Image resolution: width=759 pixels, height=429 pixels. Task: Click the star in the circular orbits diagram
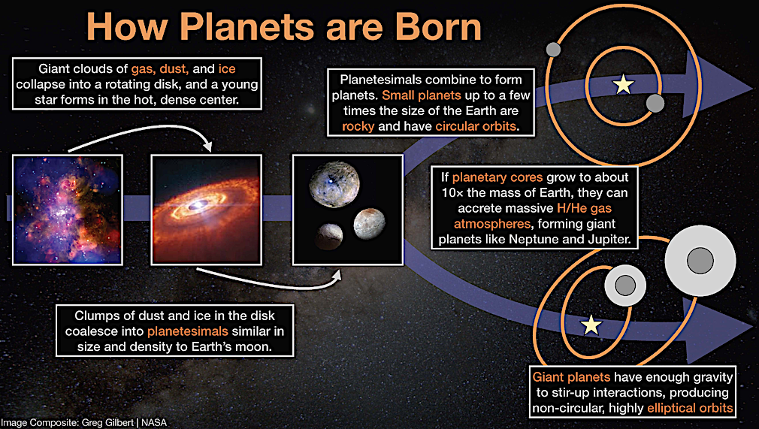pos(624,85)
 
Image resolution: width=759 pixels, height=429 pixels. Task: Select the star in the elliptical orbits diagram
pos(591,325)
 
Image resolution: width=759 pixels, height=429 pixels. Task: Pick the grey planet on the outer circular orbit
pos(553,49)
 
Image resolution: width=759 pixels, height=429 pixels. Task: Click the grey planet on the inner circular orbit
pos(655,103)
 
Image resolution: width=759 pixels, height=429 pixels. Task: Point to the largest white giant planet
pos(700,261)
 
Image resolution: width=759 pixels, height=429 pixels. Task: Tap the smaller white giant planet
pos(625,285)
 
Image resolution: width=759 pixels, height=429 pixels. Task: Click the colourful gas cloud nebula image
pos(68,210)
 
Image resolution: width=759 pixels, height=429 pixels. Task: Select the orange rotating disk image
pos(207,210)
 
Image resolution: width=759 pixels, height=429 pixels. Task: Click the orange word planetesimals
pos(188,331)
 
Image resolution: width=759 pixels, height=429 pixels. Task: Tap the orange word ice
pos(226,69)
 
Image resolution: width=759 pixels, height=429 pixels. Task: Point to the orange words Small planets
pos(421,95)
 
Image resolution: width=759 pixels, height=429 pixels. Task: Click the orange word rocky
pos(358,126)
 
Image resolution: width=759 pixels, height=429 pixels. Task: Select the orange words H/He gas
pos(584,208)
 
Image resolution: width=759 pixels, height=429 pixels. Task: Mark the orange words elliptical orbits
pos(690,408)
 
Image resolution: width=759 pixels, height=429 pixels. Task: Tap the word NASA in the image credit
pos(154,422)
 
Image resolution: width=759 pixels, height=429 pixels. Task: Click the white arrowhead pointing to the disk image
pos(208,145)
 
